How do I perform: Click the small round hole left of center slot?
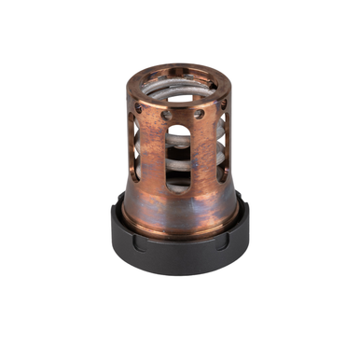(166, 117)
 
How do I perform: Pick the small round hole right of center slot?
(199, 115)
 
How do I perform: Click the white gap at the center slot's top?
(179, 129)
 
